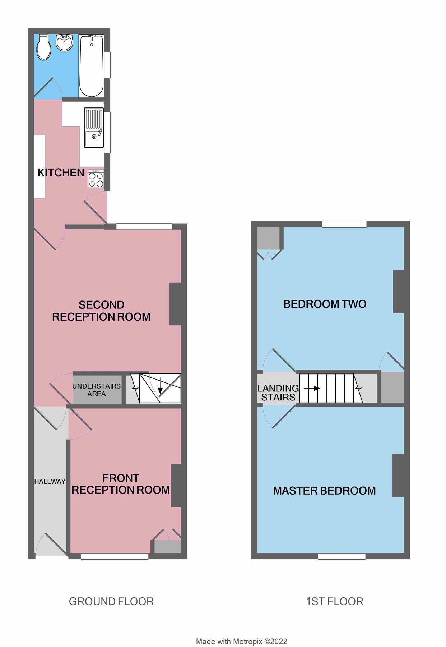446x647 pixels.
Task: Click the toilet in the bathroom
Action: pos(44,47)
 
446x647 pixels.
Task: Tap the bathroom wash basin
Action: pos(65,43)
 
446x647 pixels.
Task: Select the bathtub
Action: pos(91,66)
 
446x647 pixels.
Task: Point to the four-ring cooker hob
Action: pos(96,179)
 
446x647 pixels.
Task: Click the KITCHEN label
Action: pos(61,173)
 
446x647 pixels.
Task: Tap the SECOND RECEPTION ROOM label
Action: pos(101,311)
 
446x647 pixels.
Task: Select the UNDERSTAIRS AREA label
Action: pos(97,390)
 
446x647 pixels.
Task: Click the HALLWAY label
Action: pos(50,481)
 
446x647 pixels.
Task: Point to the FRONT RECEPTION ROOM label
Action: pos(121,484)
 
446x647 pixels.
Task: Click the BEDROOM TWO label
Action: pos(325,304)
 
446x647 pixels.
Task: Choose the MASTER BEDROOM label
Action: pos(324,491)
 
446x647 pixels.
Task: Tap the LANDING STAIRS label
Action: pos(278,393)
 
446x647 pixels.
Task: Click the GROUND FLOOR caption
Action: pos(111,601)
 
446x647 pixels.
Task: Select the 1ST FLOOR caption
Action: pos(334,601)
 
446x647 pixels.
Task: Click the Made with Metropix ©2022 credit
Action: pos(241,641)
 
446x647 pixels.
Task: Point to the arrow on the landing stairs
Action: pos(312,388)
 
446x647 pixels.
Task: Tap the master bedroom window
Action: pos(342,556)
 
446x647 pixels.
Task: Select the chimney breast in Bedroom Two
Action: pos(399,292)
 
